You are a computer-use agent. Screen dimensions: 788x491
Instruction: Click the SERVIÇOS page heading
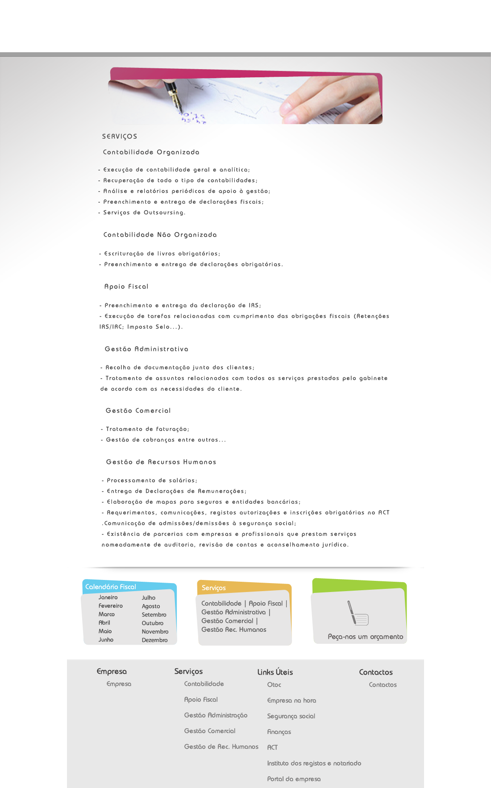point(120,137)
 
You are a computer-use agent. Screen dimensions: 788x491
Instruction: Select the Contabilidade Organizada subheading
point(151,152)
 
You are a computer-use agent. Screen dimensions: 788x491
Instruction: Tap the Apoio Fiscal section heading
point(126,287)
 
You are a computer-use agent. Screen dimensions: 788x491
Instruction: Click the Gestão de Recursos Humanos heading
point(161,462)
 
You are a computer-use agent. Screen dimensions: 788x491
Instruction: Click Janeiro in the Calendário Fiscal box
point(108,597)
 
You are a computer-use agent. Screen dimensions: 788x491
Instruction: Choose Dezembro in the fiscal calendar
point(154,640)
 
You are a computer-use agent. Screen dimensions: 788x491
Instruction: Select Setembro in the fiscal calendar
point(154,615)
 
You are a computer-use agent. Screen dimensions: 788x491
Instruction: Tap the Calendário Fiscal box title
point(111,587)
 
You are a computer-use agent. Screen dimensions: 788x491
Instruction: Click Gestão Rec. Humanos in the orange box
point(233,630)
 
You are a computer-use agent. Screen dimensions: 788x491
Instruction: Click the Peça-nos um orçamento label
point(365,637)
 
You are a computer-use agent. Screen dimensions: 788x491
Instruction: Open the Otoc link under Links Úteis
point(274,685)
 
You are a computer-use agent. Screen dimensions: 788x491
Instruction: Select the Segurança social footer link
point(291,716)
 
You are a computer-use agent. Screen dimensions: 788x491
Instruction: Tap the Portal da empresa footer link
point(294,779)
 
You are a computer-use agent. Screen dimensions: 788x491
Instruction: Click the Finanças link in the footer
point(279,732)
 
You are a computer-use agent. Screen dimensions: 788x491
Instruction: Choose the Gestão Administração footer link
point(216,715)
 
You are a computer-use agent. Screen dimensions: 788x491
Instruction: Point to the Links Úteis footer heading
point(275,672)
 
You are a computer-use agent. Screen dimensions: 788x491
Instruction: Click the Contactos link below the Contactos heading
point(383,685)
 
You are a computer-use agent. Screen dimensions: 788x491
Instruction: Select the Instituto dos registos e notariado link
point(314,763)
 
